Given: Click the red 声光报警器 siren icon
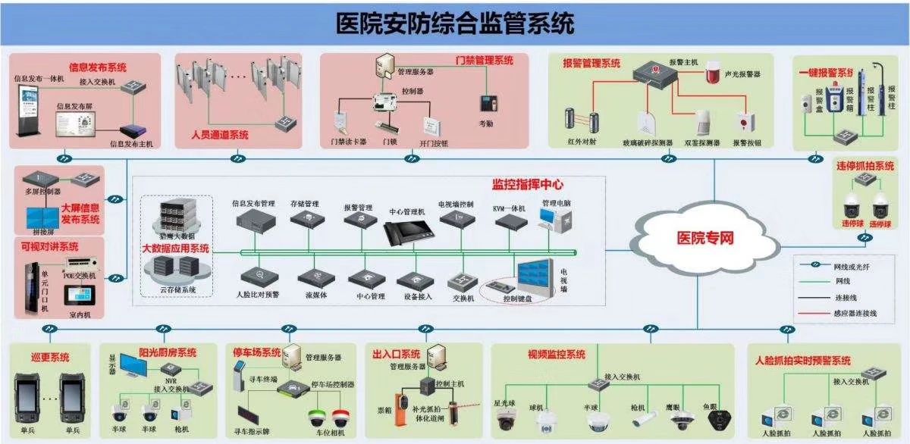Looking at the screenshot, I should coord(711,73).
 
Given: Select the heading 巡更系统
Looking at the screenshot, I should coord(50,357).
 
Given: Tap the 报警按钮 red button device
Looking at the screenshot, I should coord(745,123).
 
